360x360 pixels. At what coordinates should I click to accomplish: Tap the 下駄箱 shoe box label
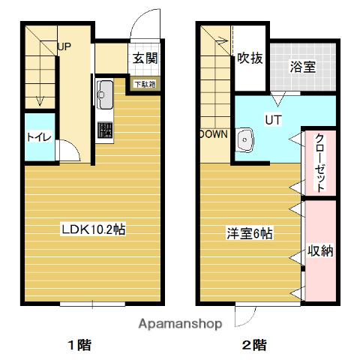(145, 84)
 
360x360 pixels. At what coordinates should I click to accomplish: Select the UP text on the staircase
(64, 47)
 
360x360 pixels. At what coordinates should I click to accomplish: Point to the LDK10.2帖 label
(93, 229)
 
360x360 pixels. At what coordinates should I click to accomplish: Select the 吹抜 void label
(250, 58)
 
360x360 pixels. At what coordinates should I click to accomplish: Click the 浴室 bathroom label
(302, 66)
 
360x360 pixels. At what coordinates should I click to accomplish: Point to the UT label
(270, 118)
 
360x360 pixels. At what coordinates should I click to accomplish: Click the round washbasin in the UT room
(244, 139)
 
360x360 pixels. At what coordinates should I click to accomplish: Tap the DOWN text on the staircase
(214, 135)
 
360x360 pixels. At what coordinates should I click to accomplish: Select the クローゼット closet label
(319, 162)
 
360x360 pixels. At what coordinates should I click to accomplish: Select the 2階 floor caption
(253, 346)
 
